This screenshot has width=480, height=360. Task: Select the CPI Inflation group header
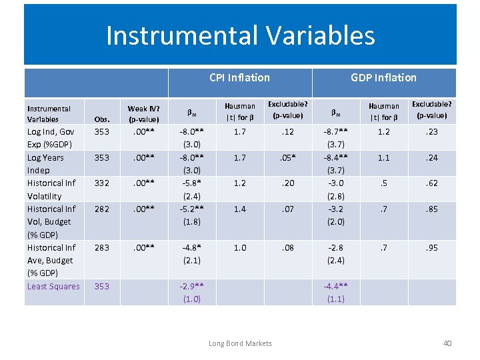239,77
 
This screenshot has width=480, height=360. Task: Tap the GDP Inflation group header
383,77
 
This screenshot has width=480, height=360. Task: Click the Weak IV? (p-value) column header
143,113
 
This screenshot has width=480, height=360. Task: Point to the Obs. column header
102,119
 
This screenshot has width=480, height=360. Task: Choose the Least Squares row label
53,287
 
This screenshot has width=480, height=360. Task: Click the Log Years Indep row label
45,164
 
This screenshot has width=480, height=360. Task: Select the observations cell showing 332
102,183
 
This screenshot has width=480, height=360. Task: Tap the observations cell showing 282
102,209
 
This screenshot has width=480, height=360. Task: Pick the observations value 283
102,247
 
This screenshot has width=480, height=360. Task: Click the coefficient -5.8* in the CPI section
191,183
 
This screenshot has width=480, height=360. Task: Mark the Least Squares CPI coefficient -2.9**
191,286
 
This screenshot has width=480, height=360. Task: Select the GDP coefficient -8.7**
336,132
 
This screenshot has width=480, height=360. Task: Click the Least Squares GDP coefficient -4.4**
336,286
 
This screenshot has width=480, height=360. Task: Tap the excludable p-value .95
433,247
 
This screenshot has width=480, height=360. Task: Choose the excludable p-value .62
433,183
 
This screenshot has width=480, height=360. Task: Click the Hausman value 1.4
239,209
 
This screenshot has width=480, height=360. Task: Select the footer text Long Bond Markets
240,343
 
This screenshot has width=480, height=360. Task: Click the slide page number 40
447,343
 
